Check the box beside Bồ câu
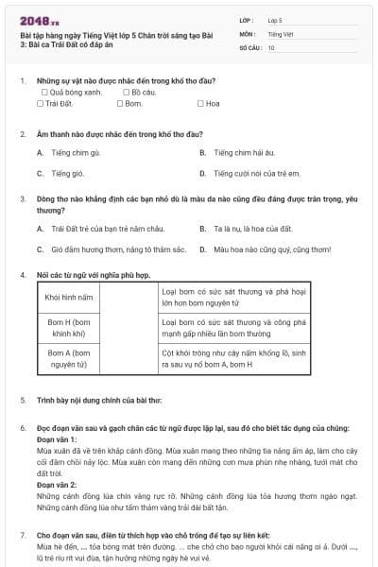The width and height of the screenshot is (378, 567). (127, 93)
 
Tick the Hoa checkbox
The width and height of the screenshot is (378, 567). (200, 104)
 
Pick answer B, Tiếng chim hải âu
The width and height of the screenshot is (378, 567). (203, 151)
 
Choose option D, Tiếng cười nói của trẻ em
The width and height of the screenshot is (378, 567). (203, 173)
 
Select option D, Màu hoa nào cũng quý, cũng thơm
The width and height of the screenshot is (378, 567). (203, 249)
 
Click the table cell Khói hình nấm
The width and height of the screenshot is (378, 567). (69, 297)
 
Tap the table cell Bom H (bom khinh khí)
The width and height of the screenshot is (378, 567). (69, 327)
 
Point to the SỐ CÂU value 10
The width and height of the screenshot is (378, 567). (271, 46)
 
